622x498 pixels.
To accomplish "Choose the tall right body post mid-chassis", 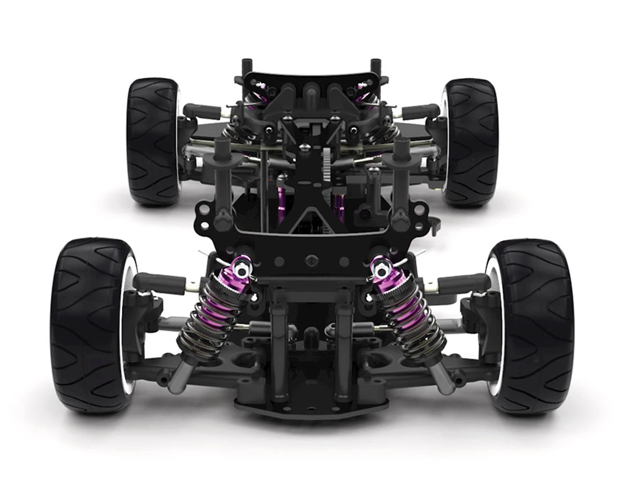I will (x=401, y=176).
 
